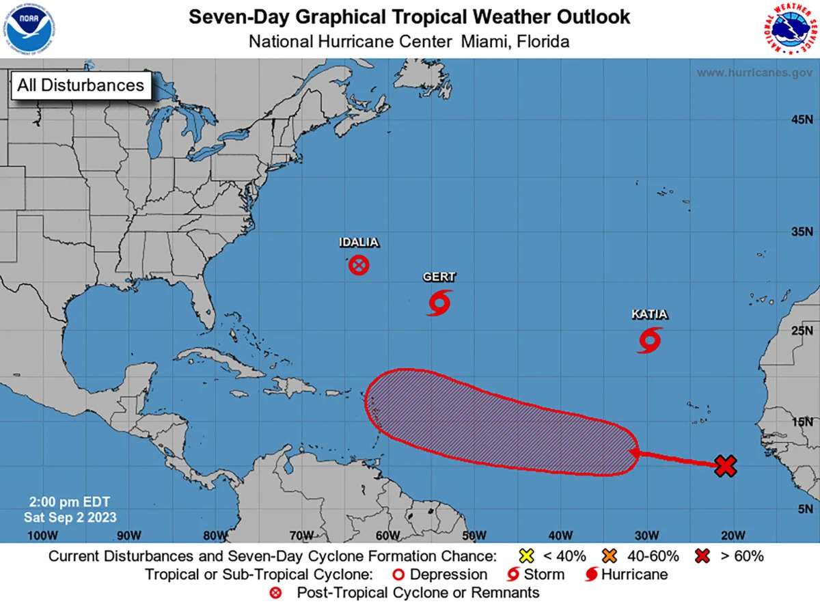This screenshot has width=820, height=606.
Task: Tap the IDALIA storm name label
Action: coord(359,243)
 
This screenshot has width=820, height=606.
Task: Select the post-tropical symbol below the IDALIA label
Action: coord(359,265)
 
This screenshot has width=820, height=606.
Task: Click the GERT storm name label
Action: coord(439,277)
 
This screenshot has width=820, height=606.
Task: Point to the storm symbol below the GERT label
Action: coord(439,302)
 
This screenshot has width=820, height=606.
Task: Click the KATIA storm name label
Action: coord(649,315)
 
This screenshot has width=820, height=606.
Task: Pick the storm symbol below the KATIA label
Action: coord(650,340)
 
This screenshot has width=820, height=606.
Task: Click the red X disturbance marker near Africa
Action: coord(726,466)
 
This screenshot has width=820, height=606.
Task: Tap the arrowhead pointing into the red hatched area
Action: coord(634,452)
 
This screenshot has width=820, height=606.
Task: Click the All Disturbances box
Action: coord(81,85)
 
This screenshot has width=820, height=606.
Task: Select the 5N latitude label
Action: coord(804,508)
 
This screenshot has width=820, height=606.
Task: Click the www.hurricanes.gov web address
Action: coord(754,73)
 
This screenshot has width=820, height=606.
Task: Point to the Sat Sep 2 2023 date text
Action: coord(70,517)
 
